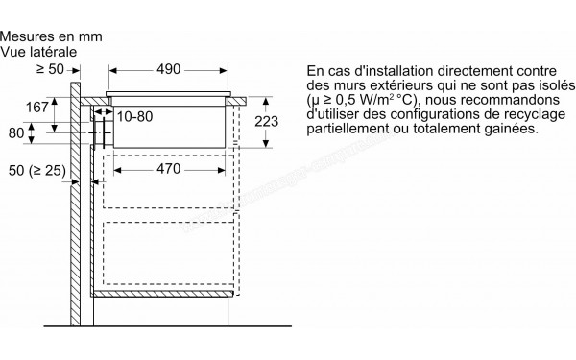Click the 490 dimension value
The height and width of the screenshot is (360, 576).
tap(170, 70)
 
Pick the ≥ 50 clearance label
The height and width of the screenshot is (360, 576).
tap(51, 69)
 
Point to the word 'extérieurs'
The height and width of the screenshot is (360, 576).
tap(391, 85)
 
